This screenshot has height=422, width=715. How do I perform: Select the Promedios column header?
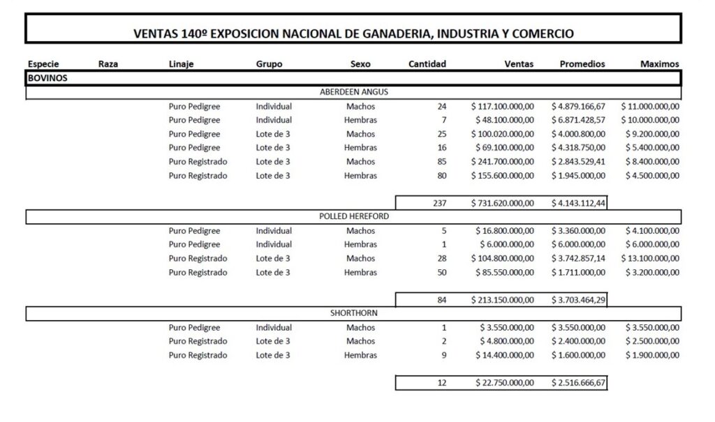click(582, 64)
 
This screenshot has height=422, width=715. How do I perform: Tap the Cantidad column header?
click(427, 64)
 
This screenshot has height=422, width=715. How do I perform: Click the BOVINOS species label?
click(47, 78)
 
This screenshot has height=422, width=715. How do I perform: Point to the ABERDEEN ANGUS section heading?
click(354, 92)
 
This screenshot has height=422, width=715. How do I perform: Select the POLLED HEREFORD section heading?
click(354, 216)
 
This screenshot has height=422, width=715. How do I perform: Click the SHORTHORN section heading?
click(354, 313)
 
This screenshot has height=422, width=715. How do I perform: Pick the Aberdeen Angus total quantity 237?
click(438, 203)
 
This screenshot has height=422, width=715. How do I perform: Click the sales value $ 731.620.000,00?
click(503, 203)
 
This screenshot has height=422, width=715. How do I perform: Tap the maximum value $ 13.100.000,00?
click(649, 258)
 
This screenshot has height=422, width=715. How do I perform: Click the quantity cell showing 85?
click(441, 162)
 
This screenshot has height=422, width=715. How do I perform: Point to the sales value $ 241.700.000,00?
click(503, 162)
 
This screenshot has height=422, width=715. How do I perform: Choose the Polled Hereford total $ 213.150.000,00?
click(503, 300)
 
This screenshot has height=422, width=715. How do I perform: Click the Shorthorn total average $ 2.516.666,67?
click(578, 382)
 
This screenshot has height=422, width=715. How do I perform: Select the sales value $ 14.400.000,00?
click(506, 355)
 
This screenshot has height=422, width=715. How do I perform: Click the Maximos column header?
click(659, 64)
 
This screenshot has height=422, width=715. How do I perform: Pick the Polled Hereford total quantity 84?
click(441, 300)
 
